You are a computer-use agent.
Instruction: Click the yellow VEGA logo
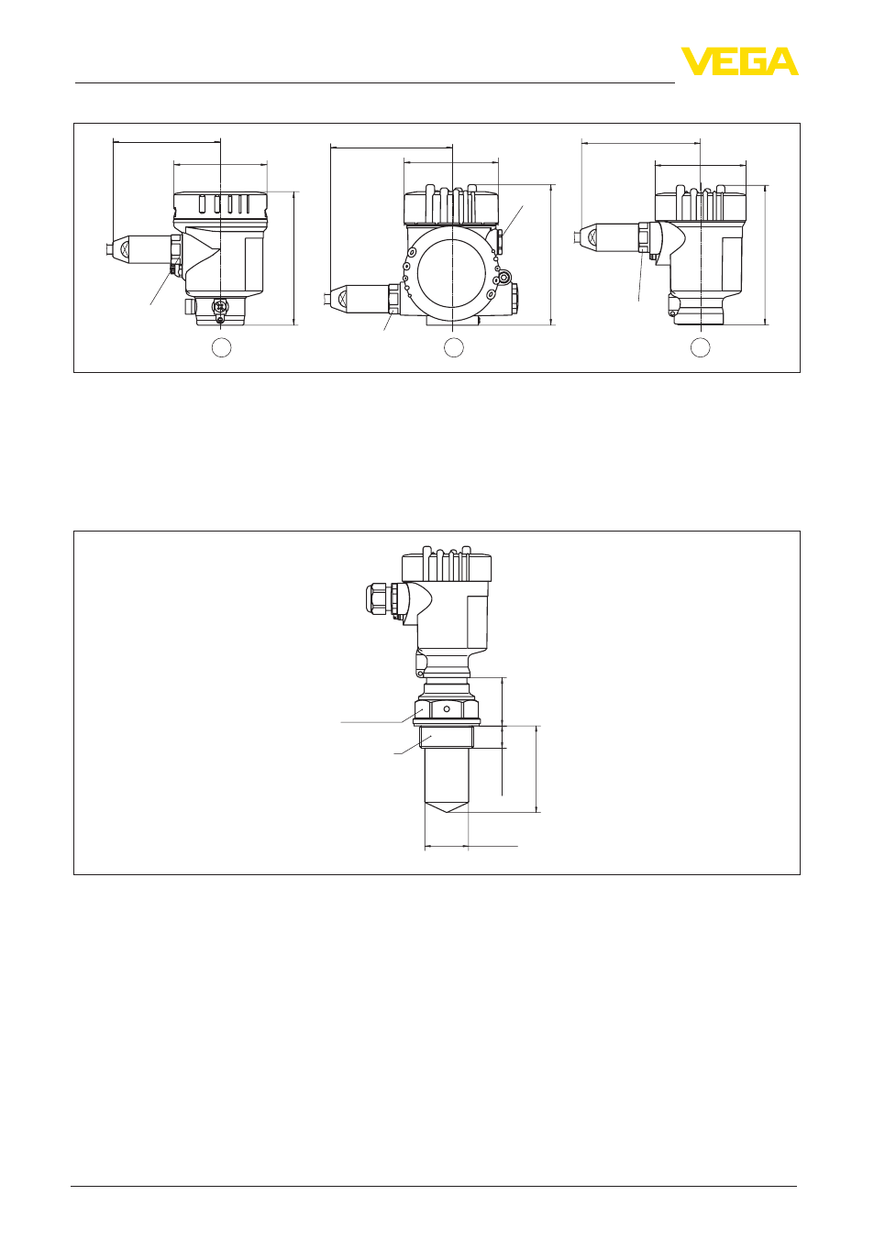click(x=739, y=61)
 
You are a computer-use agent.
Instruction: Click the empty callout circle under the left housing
click(x=221, y=347)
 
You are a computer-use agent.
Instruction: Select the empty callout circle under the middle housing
click(x=454, y=347)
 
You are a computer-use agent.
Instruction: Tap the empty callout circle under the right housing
click(x=700, y=347)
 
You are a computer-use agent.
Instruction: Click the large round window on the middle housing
click(x=452, y=274)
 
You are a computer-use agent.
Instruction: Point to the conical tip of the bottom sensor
click(x=447, y=807)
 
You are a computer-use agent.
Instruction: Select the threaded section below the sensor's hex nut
click(x=447, y=737)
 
